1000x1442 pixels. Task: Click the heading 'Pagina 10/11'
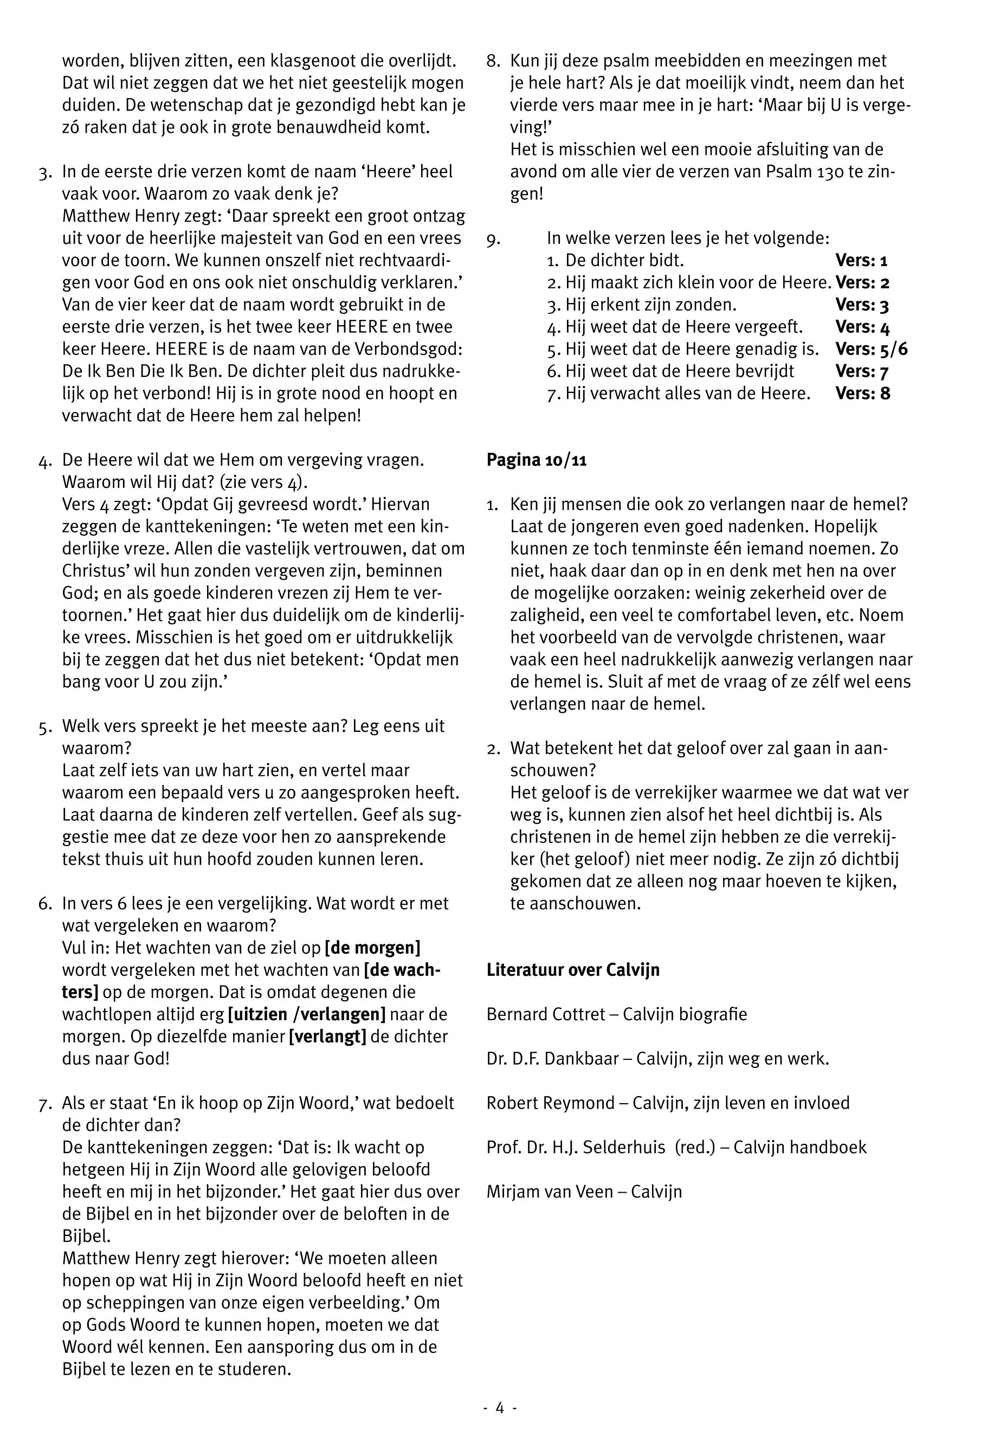537,460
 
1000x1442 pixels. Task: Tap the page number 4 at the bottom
499,1407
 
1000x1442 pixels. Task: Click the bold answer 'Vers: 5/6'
871,349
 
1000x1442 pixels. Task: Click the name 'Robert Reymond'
550,1102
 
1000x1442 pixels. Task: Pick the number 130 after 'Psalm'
830,172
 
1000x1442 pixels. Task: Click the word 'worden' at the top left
92,61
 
